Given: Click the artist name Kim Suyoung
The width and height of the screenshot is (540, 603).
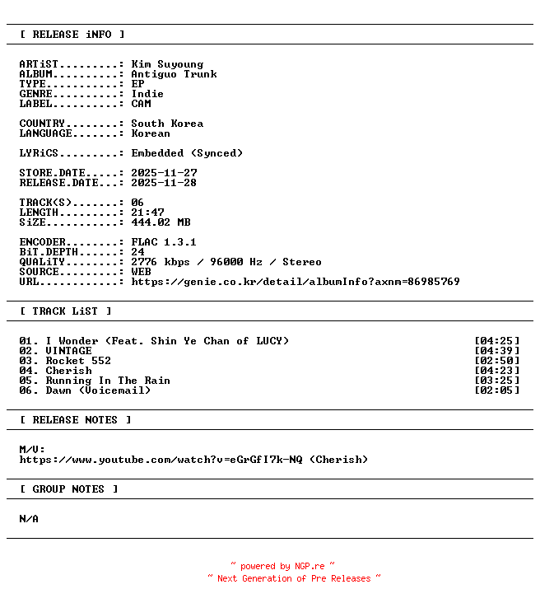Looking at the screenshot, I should click(167, 64).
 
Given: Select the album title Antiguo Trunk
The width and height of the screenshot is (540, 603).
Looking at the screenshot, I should click(174, 74).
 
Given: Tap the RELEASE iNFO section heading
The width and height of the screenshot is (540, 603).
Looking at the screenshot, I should click(72, 35).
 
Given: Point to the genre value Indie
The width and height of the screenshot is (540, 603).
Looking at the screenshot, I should click(147, 94).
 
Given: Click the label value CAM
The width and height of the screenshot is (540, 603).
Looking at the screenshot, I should click(141, 104).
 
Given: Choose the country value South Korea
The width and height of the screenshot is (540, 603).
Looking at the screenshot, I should click(167, 124).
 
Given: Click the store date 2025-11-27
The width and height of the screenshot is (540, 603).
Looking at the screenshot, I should click(164, 173).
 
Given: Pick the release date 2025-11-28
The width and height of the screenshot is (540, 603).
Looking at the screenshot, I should click(164, 183).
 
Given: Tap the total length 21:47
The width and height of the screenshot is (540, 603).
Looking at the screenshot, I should click(147, 213).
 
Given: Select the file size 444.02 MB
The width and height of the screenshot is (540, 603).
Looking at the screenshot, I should click(161, 222).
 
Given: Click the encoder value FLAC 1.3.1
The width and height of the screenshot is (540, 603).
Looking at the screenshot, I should click(164, 242).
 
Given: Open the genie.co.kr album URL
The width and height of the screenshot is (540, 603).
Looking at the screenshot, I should click(296, 282).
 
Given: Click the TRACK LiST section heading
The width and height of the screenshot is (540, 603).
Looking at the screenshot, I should click(66, 311).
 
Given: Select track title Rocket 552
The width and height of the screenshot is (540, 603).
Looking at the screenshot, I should click(78, 361).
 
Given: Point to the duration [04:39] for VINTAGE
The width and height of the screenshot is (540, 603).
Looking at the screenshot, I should click(497, 351).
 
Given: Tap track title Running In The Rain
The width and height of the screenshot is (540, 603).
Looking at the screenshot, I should click(108, 381).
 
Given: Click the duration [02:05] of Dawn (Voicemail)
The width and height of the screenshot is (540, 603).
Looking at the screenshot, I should click(497, 390).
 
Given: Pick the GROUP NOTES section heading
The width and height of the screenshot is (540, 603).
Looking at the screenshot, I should click(69, 489).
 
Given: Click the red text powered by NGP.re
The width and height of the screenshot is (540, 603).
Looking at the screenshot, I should click(282, 567).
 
